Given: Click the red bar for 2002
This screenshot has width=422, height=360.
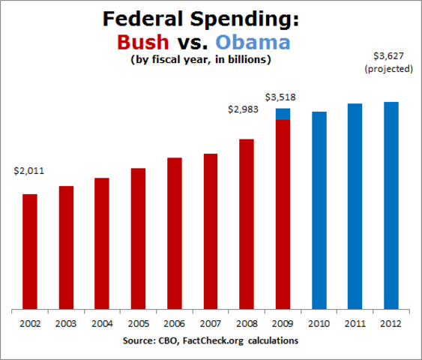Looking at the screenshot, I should coord(29,251).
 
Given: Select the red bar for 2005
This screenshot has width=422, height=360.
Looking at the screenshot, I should coord(138,238).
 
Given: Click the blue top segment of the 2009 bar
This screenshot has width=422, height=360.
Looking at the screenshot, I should coord(283,114).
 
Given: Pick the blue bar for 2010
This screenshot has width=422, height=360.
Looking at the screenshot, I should coord(319,210).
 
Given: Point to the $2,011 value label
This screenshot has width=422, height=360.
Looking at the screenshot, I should coord(29,171).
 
